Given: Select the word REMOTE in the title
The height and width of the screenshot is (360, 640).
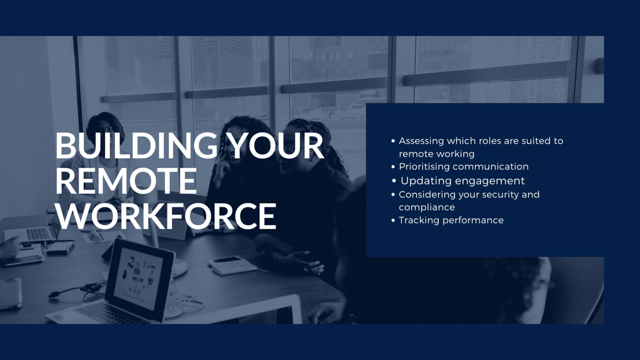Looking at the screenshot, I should tap(126, 181).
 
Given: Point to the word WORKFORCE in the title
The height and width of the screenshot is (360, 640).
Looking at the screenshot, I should tap(166, 216).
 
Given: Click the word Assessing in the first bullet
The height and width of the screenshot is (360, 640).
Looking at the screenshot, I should tap(421, 141).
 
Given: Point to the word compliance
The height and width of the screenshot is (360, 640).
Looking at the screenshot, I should tap(427, 207).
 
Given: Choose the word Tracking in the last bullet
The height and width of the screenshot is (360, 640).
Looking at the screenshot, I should tap(418, 220).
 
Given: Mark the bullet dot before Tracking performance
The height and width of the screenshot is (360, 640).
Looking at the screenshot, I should tap(393, 220).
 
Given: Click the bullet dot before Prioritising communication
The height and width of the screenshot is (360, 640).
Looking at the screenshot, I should tap(393, 167).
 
